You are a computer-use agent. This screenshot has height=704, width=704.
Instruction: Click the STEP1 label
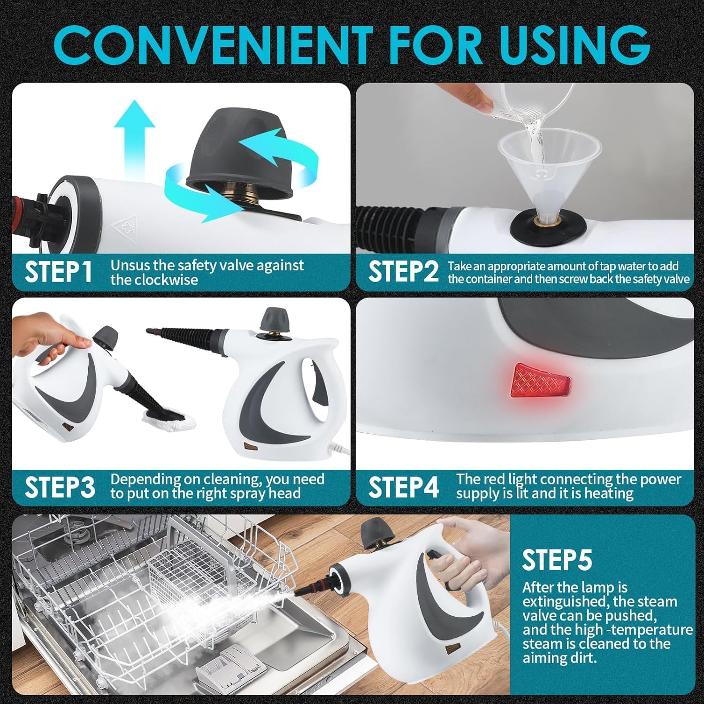click(x=58, y=272)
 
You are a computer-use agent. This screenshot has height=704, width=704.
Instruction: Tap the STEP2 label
click(x=403, y=272)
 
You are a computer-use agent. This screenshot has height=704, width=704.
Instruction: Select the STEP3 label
click(x=60, y=487)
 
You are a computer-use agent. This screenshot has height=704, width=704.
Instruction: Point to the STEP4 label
click(x=404, y=487)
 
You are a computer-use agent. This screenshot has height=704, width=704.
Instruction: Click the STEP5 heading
click(x=557, y=559)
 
